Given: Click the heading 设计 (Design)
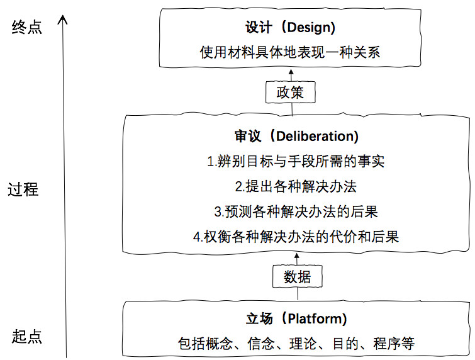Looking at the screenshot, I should point(290,28).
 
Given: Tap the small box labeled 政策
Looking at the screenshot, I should point(290,93).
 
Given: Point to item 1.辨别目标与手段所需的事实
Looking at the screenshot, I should point(296,162).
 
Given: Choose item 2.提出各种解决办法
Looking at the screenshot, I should point(296,187).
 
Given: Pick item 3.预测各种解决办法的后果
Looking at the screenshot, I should point(296,211).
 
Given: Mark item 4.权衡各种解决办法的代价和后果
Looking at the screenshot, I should point(296,237).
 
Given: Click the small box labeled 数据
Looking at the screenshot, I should point(298,276).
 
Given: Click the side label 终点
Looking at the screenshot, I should point(27,28).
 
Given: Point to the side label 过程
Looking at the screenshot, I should point(23,189).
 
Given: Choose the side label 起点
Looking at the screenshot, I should point(27,336).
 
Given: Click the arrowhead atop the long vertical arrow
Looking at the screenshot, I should point(62,20).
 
